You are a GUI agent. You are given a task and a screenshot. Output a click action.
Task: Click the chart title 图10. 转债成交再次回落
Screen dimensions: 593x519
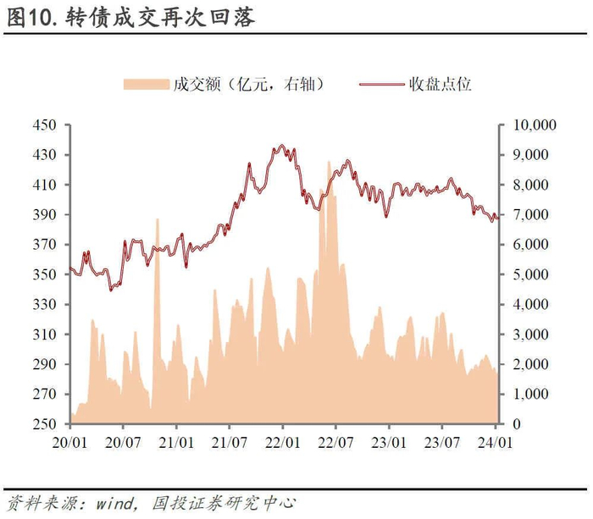click(x=130, y=18)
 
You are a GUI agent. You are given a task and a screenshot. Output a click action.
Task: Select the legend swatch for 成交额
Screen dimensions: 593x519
click(x=146, y=85)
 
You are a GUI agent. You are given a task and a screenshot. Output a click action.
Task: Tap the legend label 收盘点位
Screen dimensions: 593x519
click(x=440, y=85)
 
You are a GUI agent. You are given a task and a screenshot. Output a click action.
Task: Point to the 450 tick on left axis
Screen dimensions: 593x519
click(x=44, y=125)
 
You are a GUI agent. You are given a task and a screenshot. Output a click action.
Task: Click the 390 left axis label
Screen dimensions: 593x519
click(x=44, y=215)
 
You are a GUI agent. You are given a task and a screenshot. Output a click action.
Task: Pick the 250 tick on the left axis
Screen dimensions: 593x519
click(x=44, y=424)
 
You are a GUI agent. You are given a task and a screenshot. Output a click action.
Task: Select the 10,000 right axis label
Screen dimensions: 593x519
click(x=535, y=125)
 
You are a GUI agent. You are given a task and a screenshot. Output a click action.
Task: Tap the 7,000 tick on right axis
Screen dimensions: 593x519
click(x=530, y=215)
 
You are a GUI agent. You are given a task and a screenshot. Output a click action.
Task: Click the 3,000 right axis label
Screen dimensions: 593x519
click(x=530, y=334)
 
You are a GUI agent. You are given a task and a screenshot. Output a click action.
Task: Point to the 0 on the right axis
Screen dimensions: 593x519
click(x=517, y=424)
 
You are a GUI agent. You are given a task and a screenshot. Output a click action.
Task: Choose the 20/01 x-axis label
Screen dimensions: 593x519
click(x=69, y=443)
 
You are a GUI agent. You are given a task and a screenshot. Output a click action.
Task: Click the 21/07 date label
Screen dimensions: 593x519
click(x=230, y=443)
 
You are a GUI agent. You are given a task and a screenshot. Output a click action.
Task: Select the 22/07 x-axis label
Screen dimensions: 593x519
click(x=335, y=443)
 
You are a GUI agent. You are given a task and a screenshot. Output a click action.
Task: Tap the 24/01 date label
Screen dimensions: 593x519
click(x=495, y=443)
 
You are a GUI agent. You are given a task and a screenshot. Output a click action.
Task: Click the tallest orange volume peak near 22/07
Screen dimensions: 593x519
click(x=329, y=163)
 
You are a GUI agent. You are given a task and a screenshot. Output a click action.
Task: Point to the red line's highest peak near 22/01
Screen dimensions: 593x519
click(x=281, y=145)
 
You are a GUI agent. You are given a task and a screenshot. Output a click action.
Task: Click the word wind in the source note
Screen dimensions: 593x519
click(x=115, y=504)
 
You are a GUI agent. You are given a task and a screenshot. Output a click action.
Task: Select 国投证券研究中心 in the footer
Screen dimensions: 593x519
click(x=224, y=503)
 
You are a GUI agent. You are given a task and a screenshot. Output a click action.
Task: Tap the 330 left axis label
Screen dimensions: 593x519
click(x=44, y=305)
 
